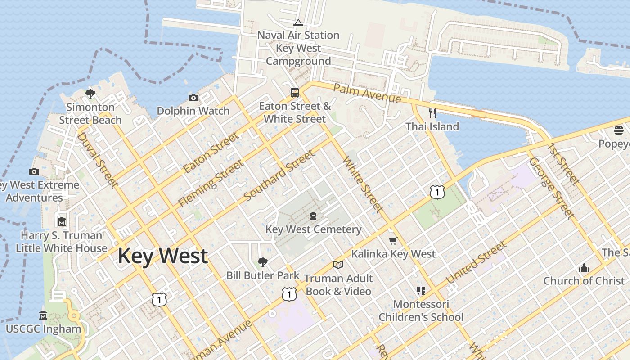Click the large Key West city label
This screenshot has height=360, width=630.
pos(162,256)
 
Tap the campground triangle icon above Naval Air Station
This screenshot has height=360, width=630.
pos(298,23)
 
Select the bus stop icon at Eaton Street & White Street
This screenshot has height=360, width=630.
pos(295,93)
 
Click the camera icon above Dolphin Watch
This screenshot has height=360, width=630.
pos(193,98)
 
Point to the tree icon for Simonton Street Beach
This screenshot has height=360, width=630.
pos(90,94)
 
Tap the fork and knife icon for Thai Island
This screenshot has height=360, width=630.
pos(432,113)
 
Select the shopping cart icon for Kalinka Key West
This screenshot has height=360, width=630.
pos(393,241)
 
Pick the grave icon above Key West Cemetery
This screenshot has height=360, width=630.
pos(313,216)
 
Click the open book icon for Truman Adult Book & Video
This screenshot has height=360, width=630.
pos(338,265)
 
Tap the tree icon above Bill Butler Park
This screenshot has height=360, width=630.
pos(262,262)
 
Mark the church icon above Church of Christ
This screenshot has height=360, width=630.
pos(584,268)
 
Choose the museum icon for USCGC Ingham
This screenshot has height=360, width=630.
pos(43,315)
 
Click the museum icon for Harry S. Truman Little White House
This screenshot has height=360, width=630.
pos(62,221)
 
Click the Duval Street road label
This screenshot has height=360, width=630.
pos(98,160)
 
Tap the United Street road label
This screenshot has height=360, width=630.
pos(476,262)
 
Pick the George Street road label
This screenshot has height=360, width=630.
pos(552,188)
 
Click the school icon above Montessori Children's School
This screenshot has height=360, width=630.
pos(421,291)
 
